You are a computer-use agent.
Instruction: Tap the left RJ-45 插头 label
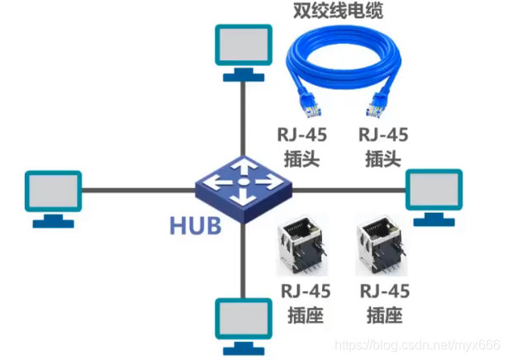coord(304,146)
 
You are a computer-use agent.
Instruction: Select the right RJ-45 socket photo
coord(380,244)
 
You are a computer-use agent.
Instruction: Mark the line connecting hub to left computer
coord(136,190)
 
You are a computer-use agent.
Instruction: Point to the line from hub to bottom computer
coord(243,256)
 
